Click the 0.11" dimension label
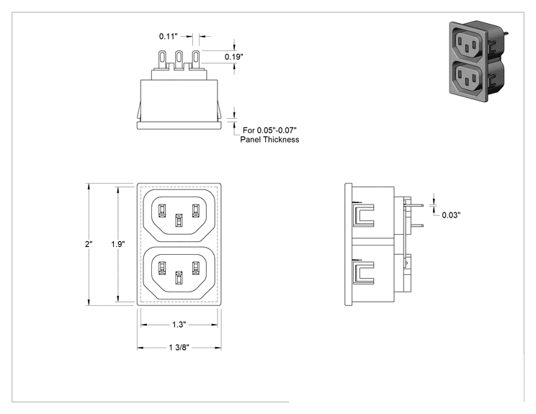coord(168,36)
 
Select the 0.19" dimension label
coord(234,57)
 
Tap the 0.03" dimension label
coord(451,215)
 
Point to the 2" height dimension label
coord(89,244)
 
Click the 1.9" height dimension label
coord(118,244)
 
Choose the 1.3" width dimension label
coord(179,325)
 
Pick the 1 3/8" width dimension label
coord(179,348)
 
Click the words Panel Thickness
coord(269,140)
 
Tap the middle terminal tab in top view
coord(179,60)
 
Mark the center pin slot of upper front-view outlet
coord(179,220)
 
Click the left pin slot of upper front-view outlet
coord(162,210)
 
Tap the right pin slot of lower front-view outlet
coord(195,268)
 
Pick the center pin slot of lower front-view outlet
coord(179,278)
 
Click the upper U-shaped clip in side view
coord(364,215)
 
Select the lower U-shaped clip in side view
coord(364,273)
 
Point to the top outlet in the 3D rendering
coord(468,45)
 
